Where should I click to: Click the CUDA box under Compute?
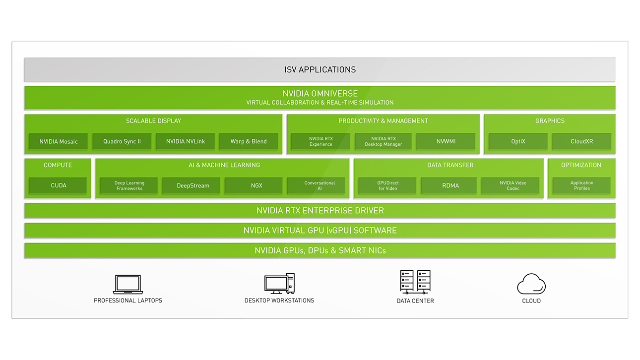coord(58,185)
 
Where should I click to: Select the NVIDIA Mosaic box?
coord(58,141)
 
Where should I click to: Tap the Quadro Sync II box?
coord(122,141)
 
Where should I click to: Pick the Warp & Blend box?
coord(249,141)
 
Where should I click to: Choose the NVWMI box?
coord(446,141)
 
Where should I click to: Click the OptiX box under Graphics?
coord(518,141)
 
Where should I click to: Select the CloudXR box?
coord(582,141)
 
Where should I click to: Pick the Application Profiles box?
coord(582,185)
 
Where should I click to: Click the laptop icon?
coord(128,284)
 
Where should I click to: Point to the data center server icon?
coord(415,282)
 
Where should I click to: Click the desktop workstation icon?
coord(279,284)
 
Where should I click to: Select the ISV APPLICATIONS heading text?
coord(320,69)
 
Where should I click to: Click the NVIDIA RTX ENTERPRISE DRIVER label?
coord(320,211)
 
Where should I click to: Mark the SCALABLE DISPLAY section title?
coord(153,121)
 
